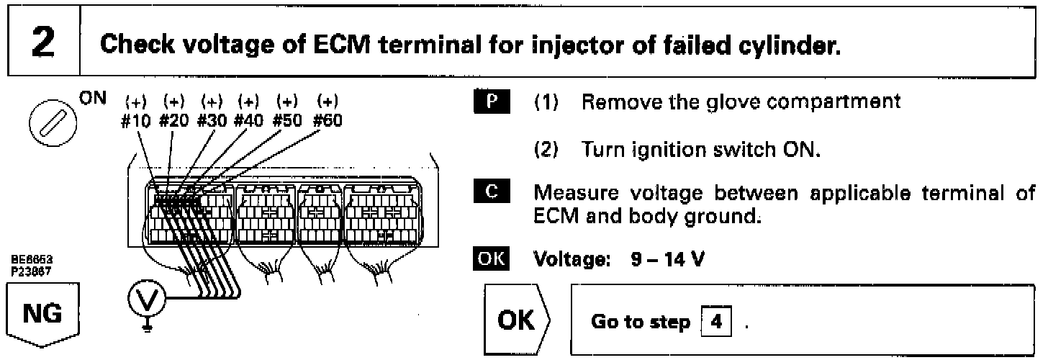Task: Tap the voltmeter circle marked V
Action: coord(143,294)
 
